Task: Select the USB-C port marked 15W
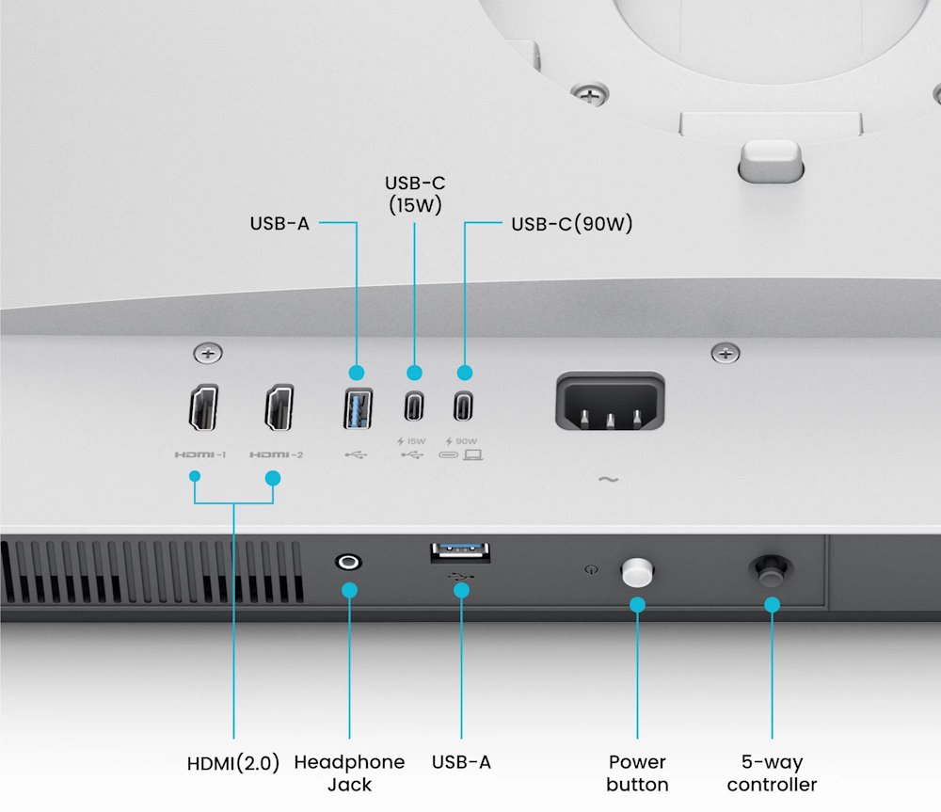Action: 414,406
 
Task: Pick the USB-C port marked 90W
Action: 463,406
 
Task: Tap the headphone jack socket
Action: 349,562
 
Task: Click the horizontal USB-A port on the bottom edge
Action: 460,552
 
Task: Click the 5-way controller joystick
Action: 771,569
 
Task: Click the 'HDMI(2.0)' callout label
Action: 233,763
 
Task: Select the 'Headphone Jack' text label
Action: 349,772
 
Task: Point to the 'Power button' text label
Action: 637,772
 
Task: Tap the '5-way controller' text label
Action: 772,772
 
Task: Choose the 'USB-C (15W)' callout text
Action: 414,193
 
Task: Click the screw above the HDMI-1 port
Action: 207,354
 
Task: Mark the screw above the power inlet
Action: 725,354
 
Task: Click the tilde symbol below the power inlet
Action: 608,480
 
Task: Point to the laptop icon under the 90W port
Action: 472,455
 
